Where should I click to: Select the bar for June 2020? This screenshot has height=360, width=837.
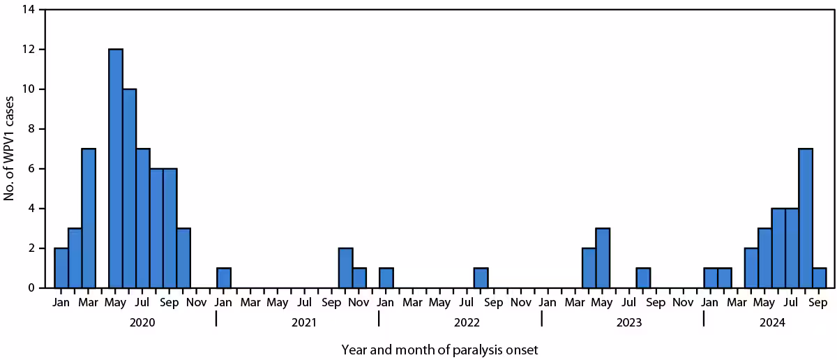click(129, 188)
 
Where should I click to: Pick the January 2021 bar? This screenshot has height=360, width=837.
click(224, 278)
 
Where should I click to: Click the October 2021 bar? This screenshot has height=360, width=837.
click(345, 268)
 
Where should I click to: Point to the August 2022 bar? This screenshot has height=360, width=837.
click(481, 278)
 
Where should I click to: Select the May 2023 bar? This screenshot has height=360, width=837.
click(602, 258)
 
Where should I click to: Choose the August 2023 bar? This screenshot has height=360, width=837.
click(643, 278)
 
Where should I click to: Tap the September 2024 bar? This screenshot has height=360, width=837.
click(819, 278)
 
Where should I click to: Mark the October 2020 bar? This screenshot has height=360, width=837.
click(183, 258)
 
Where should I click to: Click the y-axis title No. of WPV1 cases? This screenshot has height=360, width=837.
click(10, 149)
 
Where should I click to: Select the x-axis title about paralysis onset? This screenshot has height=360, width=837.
click(439, 348)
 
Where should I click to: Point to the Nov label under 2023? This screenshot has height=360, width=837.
click(684, 303)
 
